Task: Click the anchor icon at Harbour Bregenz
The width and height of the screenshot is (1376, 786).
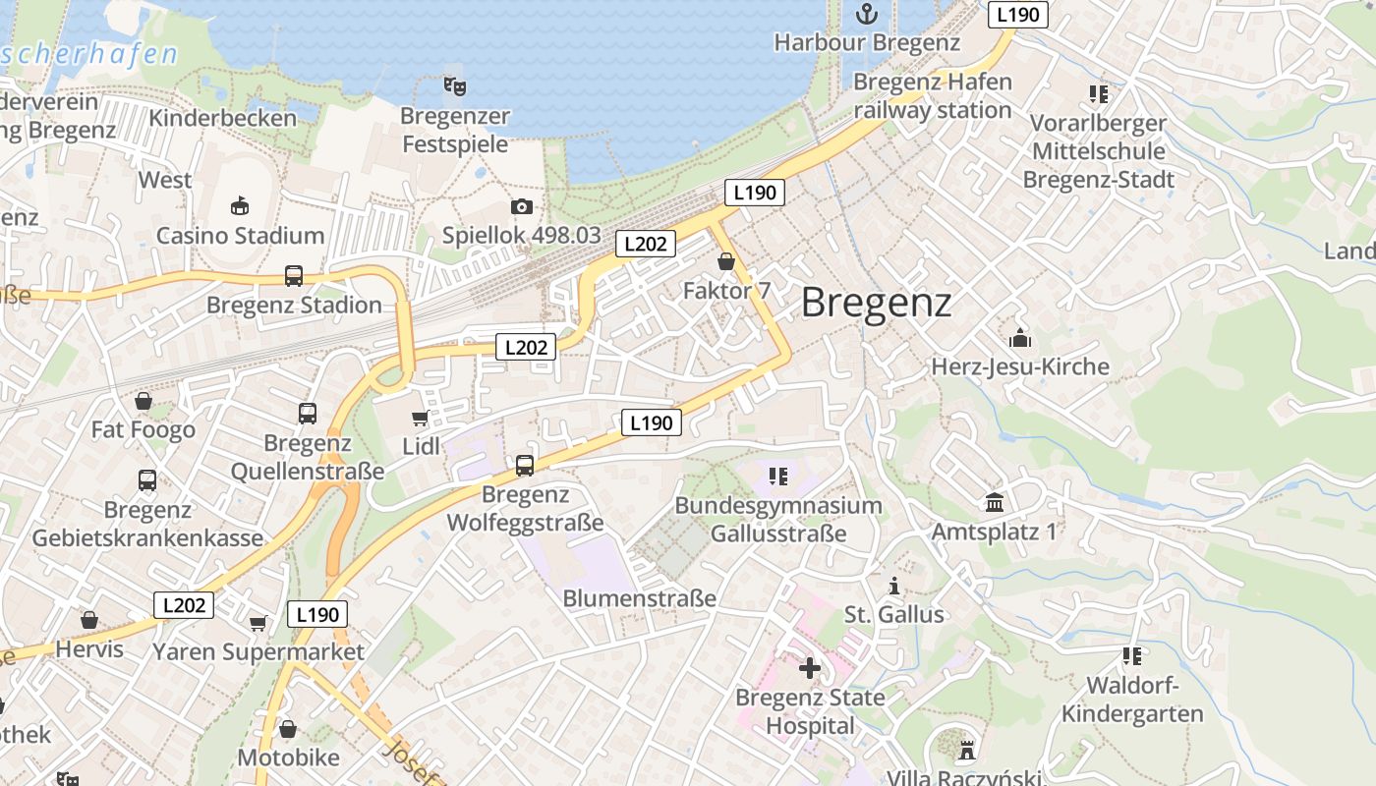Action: [867, 14]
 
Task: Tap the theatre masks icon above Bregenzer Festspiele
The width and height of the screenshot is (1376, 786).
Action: [454, 86]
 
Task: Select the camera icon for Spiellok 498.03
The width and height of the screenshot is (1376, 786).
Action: [521, 206]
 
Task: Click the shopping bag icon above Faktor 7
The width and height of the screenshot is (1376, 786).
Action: [726, 261]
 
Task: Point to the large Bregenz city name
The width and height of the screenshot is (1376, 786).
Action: [876, 302]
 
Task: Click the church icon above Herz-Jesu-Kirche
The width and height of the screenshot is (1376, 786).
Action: [1020, 338]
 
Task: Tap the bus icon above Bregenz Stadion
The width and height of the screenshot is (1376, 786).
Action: [293, 276]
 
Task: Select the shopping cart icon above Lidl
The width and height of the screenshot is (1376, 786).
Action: [421, 419]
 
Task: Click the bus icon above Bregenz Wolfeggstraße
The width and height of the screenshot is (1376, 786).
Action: [525, 465]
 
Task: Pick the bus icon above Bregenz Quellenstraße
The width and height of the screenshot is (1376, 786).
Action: [308, 414]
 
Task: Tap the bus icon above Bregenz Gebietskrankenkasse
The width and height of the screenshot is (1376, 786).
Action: [147, 480]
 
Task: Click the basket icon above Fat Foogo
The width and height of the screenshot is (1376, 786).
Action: [143, 401]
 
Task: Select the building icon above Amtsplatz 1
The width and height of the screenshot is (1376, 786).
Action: [995, 502]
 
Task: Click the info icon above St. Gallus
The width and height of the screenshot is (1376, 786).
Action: [893, 587]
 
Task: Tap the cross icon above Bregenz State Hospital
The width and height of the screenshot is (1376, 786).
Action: [810, 668]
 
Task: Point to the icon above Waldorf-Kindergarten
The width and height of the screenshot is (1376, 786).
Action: [1132, 655]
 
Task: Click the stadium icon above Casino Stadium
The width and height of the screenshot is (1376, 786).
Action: [240, 205]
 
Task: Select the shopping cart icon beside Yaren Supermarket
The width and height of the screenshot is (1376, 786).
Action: [258, 623]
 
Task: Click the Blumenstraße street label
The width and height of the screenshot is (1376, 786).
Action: [639, 598]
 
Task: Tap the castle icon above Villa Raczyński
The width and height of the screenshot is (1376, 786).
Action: [967, 751]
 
